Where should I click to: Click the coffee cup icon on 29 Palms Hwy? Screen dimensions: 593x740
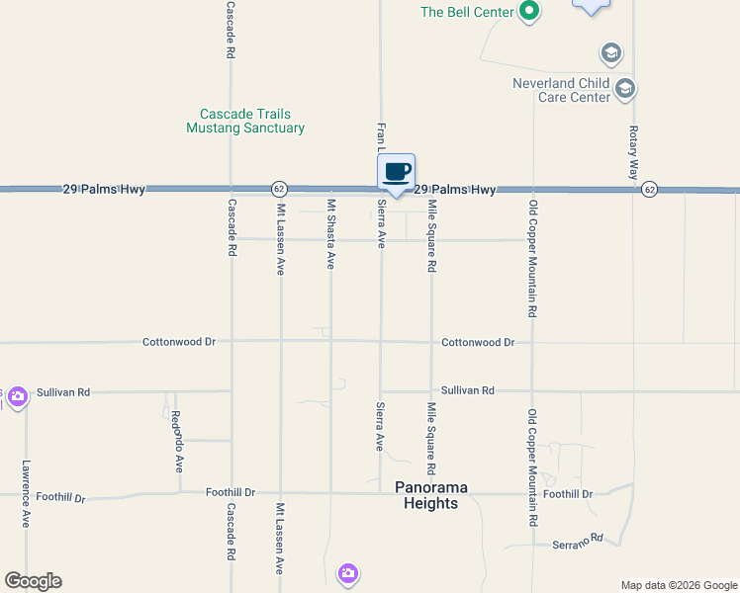pyautogui.click(x=396, y=172)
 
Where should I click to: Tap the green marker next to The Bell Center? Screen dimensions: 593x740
pyautogui.click(x=529, y=12)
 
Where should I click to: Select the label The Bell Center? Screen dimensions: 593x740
pyautogui.click(x=467, y=12)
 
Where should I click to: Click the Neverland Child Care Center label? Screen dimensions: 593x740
pyautogui.click(x=561, y=90)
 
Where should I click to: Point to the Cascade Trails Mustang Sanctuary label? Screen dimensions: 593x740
pyautogui.click(x=245, y=121)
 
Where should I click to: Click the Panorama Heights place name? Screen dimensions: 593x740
pyautogui.click(x=430, y=495)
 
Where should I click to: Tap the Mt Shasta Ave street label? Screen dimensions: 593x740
pyautogui.click(x=330, y=234)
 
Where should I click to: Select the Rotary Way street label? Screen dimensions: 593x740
pyautogui.click(x=633, y=152)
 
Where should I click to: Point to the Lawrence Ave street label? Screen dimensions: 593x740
pyautogui.click(x=26, y=493)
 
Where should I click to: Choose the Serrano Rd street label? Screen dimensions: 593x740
pyautogui.click(x=577, y=541)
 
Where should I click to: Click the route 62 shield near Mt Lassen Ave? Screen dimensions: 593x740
pyautogui.click(x=280, y=189)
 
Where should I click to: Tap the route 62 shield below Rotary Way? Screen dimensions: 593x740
pyautogui.click(x=648, y=189)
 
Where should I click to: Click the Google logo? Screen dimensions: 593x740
pyautogui.click(x=33, y=581)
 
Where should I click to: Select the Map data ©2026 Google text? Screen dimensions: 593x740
pyautogui.click(x=678, y=585)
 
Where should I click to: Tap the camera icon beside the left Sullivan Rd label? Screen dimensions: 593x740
pyautogui.click(x=17, y=397)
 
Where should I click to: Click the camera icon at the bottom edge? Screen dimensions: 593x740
pyautogui.click(x=347, y=572)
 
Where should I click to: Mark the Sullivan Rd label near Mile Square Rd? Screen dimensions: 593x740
pyautogui.click(x=467, y=391)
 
